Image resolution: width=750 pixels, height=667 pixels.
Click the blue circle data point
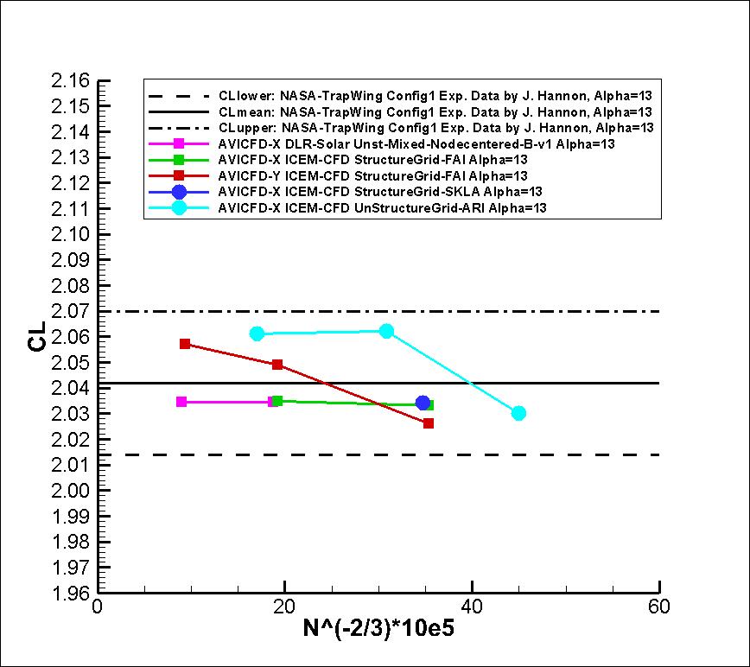pos(423,403)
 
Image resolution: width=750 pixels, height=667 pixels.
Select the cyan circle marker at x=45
pos(518,413)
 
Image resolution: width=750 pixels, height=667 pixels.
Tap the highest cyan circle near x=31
pos(386,331)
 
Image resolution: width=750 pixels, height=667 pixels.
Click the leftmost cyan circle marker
pos(257,333)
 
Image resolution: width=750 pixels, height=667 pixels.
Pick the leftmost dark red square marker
pos(185,344)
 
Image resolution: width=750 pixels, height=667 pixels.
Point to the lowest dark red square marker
pos(429,423)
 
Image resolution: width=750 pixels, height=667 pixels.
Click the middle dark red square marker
pos(277,365)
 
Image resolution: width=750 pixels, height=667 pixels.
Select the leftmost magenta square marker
pos(181,402)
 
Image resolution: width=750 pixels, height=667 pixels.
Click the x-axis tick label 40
pos(472,607)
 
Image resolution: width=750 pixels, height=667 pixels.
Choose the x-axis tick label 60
pos(659,607)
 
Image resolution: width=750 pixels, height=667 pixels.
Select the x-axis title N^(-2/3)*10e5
pos(378,630)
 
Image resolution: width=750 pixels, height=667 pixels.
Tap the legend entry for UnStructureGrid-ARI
pos(384,207)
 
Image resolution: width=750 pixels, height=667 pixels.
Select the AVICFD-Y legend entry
pos(373,175)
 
